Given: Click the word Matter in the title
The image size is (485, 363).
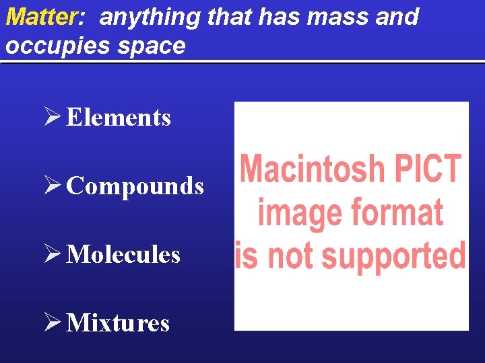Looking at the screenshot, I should click(40, 16).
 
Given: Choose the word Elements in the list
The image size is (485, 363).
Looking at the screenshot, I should click(119, 118).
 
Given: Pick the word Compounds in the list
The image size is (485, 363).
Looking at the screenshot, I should click(135, 186).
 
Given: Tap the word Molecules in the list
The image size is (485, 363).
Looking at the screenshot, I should click(123, 255).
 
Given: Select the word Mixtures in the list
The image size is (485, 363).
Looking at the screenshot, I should click(118, 323).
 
